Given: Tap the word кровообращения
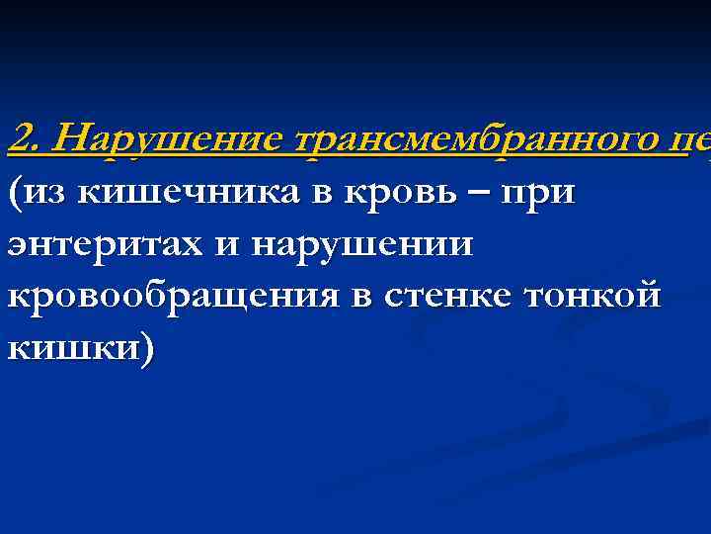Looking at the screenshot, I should [x=171, y=299].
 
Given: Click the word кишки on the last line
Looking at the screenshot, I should [x=69, y=351].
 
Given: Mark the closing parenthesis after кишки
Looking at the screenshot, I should [x=147, y=351].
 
